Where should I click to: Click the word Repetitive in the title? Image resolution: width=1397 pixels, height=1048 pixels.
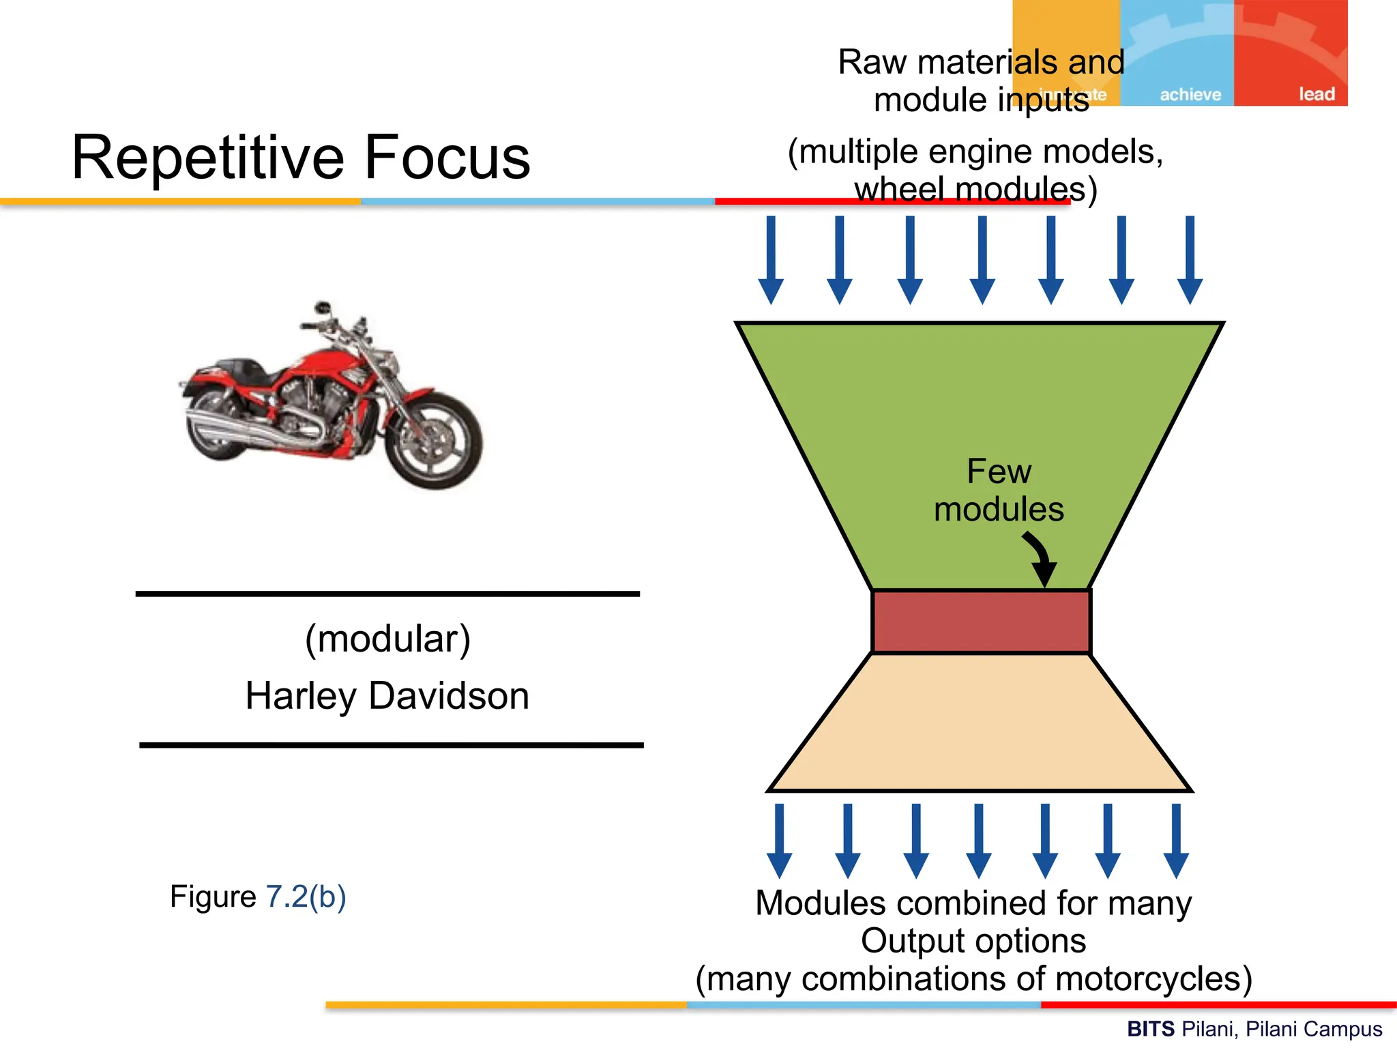[209, 157]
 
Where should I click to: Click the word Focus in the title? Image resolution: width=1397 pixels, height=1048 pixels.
[447, 157]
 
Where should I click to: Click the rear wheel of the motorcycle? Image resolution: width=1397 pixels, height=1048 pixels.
[217, 426]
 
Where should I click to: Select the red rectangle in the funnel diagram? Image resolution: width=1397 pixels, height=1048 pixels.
[981, 622]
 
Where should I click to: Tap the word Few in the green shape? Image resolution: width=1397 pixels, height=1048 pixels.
[999, 471]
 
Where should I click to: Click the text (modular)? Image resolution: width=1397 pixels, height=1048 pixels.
[387, 639]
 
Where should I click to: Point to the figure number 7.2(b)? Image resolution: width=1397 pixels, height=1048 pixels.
[306, 897]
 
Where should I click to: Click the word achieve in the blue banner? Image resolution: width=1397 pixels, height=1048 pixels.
[1190, 94]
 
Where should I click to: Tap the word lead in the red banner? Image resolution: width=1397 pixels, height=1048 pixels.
[1316, 94]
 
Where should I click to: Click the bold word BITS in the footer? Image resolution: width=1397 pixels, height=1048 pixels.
[1150, 1028]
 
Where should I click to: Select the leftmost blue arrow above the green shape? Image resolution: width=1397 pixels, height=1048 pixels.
[771, 259]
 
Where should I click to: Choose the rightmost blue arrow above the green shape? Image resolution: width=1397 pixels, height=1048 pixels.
[1190, 259]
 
